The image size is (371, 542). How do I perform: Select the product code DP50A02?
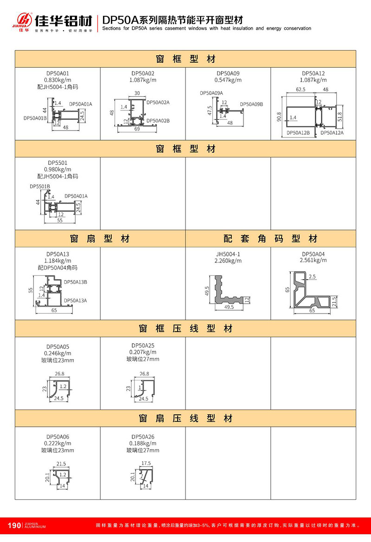[143, 73]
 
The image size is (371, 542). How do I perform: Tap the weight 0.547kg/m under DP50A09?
[228, 80]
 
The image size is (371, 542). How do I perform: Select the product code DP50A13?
[58, 254]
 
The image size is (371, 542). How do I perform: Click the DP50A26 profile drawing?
[145, 476]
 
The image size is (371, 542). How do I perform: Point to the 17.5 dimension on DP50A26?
[146, 463]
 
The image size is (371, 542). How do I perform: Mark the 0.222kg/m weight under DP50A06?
[58, 444]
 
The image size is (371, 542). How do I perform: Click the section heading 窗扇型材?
[100, 239]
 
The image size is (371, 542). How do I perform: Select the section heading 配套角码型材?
[271, 239]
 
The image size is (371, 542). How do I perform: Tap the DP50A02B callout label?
[158, 121]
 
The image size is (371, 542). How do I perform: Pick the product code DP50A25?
[143, 346]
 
